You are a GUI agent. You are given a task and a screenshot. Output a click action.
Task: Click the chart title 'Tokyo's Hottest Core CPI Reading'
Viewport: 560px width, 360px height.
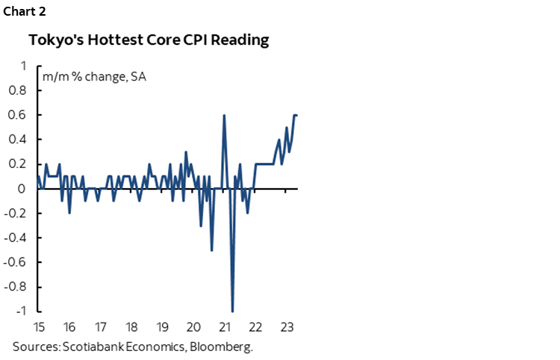click(x=149, y=40)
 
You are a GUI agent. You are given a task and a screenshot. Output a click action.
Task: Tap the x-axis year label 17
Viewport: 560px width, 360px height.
click(x=99, y=327)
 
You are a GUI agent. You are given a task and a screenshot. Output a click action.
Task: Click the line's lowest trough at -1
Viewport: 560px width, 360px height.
click(x=232, y=311)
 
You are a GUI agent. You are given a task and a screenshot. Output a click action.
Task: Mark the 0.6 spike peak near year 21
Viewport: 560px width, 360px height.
click(x=224, y=115)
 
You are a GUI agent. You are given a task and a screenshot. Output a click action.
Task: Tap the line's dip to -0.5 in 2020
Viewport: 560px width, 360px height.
click(x=212, y=249)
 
